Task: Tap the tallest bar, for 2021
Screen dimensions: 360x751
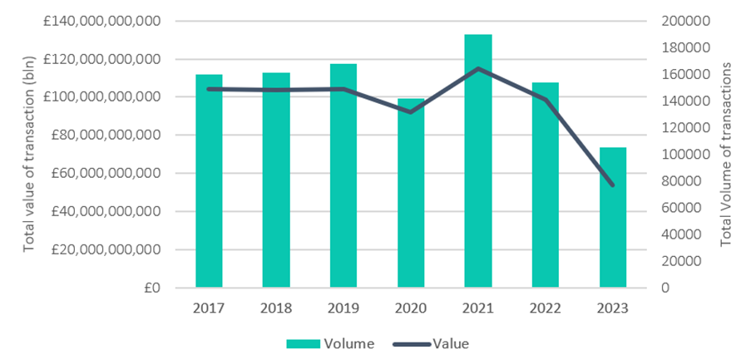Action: [478, 161]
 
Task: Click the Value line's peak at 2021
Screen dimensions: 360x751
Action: [478, 68]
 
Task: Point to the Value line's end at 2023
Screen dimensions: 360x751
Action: [613, 185]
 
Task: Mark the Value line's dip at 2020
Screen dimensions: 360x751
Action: [411, 111]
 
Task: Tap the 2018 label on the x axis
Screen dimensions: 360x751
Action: [276, 308]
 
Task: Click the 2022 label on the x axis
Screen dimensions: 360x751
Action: [546, 308]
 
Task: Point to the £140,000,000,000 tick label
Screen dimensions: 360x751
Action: [99, 21]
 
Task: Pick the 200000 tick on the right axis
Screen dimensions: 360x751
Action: [682, 21]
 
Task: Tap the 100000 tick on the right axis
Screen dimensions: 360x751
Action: [682, 155]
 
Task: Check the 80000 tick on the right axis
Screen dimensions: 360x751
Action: [685, 181]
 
